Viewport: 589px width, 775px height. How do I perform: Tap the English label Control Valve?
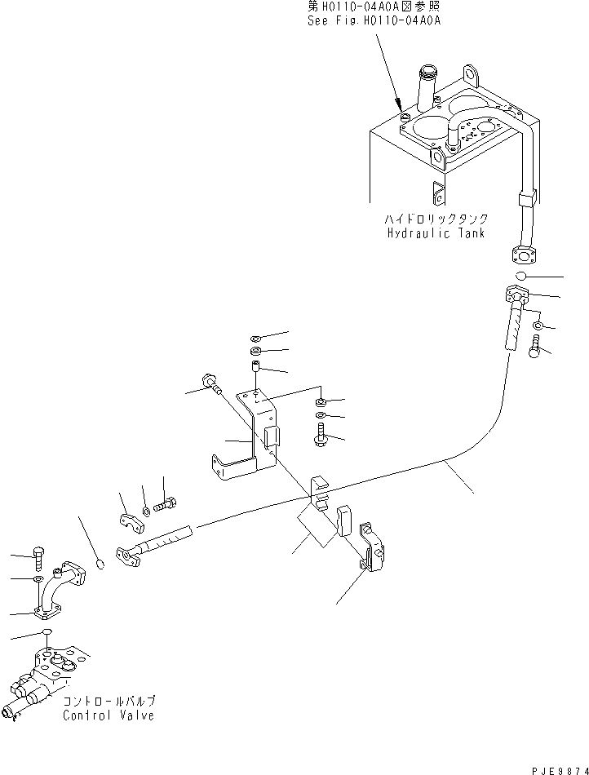pos(108,715)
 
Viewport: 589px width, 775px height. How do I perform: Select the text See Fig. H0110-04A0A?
pos(374,21)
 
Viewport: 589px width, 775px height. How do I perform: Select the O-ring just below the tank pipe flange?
pos(520,277)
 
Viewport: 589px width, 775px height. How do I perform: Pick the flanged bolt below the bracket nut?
pos(320,434)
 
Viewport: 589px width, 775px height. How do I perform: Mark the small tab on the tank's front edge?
pos(438,194)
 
